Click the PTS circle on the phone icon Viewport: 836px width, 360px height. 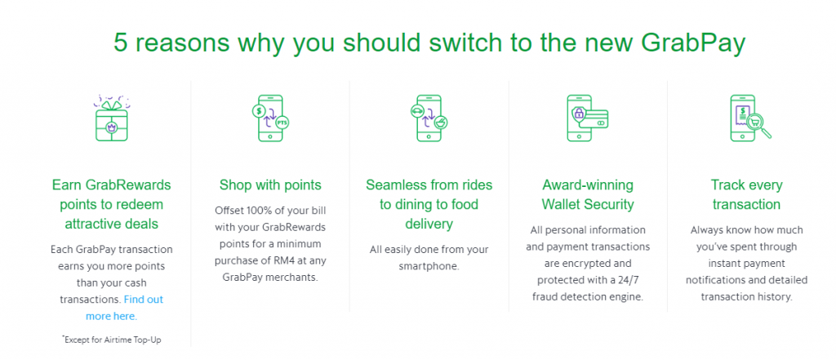pyautogui.click(x=282, y=122)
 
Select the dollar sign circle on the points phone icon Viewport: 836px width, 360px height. pyautogui.click(x=258, y=111)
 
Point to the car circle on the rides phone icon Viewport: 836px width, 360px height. pyautogui.click(x=416, y=111)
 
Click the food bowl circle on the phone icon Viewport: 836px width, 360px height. pyautogui.click(x=441, y=122)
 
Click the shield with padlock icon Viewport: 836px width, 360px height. pyautogui.click(x=579, y=114)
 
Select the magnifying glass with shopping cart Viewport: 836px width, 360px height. pyautogui.click(x=758, y=126)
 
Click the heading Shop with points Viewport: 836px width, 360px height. pyautogui.click(x=270, y=185)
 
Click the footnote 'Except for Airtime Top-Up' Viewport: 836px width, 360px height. pyautogui.click(x=111, y=340)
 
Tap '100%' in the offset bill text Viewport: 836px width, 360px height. pyautogui.click(x=257, y=210)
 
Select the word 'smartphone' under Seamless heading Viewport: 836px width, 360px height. pyautogui.click(x=429, y=265)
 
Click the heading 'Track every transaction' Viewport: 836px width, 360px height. pyautogui.click(x=746, y=194)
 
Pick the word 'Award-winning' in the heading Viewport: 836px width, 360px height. pyautogui.click(x=588, y=185)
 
